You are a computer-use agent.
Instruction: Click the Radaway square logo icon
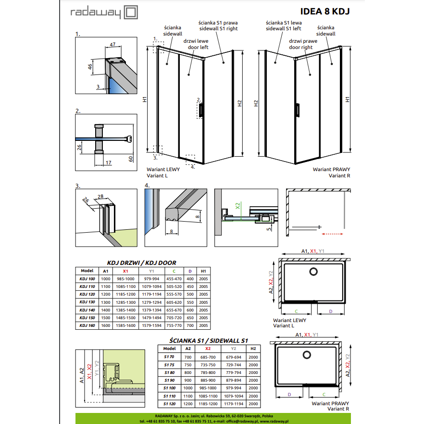pos(131,12)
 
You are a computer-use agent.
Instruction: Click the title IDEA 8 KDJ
pos(325,12)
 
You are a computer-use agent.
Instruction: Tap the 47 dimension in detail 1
pos(112,44)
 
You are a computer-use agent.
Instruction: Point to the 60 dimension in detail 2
pos(131,159)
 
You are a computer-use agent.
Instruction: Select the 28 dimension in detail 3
pos(100,197)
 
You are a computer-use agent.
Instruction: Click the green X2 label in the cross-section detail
pos(237,206)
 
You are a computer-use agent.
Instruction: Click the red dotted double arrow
pos(332,234)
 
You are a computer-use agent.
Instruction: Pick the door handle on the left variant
pos(201,110)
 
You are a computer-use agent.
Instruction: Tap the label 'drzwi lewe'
pos(196,41)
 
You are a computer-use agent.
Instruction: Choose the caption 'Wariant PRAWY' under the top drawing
pos(331,169)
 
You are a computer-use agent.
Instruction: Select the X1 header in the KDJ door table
pos(125,271)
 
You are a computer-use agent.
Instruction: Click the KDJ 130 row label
pos(87,302)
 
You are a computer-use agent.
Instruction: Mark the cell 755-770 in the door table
pos(174,325)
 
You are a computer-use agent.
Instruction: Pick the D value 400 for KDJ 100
pos(190,279)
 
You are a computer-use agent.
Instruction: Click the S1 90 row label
pos(169,380)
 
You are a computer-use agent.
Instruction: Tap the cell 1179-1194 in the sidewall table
pos(234,404)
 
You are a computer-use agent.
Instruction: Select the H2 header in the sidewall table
pos(253,349)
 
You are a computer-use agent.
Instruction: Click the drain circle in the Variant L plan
pos(313,272)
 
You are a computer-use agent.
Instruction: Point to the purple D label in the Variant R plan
pos(289,395)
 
